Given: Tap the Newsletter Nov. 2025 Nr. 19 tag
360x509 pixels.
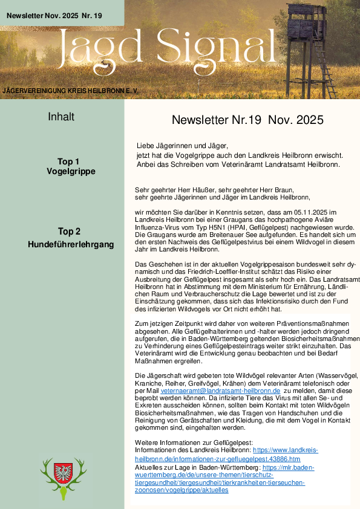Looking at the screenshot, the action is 54,13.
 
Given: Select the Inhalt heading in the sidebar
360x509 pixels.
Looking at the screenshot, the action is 61,117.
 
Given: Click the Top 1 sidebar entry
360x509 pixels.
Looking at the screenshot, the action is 68,161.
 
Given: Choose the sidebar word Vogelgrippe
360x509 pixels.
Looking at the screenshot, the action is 71,171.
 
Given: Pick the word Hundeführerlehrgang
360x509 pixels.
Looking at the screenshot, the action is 71,244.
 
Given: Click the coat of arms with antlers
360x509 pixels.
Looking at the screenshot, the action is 64,477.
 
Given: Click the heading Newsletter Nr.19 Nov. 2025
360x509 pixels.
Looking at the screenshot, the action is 247,120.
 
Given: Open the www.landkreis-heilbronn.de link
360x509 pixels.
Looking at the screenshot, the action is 284,450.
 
